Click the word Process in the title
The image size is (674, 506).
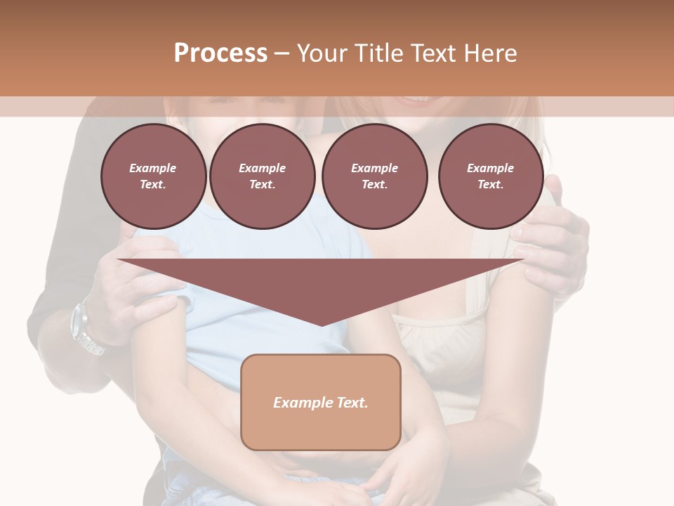click(x=220, y=53)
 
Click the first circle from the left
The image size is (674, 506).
click(x=154, y=176)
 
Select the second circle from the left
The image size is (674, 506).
click(x=263, y=176)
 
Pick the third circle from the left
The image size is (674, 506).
click(x=375, y=176)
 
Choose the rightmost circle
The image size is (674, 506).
click(x=491, y=176)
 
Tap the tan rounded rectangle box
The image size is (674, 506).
click(x=321, y=402)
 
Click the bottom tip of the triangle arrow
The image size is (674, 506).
click(x=322, y=324)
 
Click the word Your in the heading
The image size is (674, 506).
click(x=321, y=53)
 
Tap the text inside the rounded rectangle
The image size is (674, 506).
click(x=321, y=403)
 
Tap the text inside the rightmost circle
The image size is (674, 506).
click(x=491, y=176)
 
